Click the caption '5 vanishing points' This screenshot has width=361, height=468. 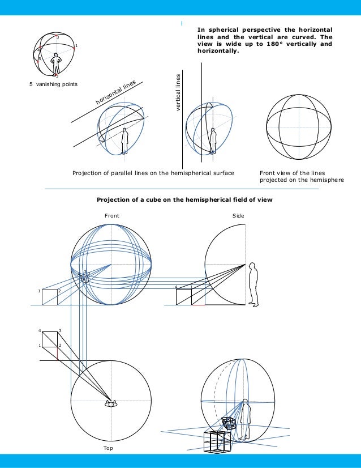tap(53, 84)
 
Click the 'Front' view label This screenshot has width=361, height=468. tap(112, 216)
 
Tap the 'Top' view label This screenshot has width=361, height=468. tap(108, 448)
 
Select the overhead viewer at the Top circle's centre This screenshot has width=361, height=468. tap(110, 404)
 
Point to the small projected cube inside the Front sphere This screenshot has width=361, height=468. tap(85, 277)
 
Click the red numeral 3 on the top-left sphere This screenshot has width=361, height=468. tap(57, 37)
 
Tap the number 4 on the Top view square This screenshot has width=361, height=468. tap(40, 330)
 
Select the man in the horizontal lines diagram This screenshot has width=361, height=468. tap(124, 139)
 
